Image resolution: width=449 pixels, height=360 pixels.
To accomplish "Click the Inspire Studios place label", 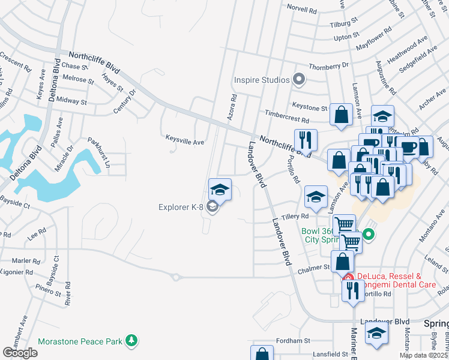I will pyautogui.click(x=262, y=80).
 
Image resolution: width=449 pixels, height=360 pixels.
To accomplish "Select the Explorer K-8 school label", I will pyautogui.click(x=181, y=208).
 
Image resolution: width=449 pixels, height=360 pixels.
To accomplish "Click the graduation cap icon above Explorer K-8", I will pyautogui.click(x=220, y=190).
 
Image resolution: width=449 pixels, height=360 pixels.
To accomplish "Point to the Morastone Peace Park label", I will pyautogui.click(x=80, y=341).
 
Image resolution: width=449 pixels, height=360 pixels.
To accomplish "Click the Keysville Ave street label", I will pyautogui.click(x=185, y=142).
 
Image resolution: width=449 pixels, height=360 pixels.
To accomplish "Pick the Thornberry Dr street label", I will pyautogui.click(x=328, y=66).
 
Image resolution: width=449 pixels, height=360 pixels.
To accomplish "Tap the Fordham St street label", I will pyautogui.click(x=292, y=340).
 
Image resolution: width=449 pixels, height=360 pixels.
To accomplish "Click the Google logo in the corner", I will pyautogui.click(x=19, y=353).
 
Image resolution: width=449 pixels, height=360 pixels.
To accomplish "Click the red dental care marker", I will pyautogui.click(x=348, y=277).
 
